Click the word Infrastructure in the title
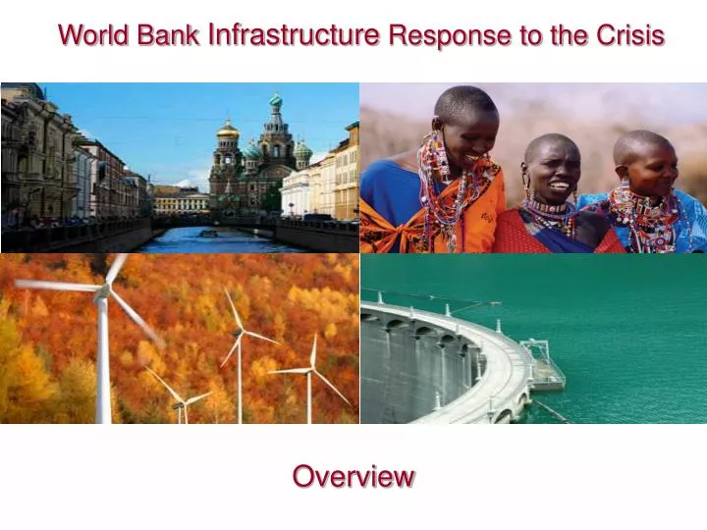(x=295, y=35)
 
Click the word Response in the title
(x=436, y=35)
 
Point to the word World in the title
(x=95, y=35)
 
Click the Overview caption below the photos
(x=353, y=477)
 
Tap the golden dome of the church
(x=228, y=130)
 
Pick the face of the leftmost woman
(x=470, y=128)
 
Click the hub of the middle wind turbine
(x=239, y=334)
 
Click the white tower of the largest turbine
(x=102, y=363)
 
